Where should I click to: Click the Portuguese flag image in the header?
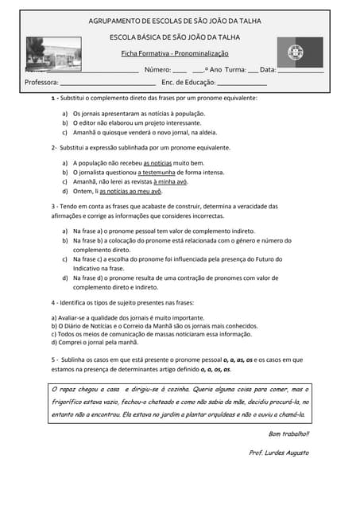pyautogui.click(x=300, y=52)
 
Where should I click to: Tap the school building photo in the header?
pyautogui.click(x=53, y=53)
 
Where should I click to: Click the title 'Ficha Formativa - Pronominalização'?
pyautogui.click(x=174, y=53)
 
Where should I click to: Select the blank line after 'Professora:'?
pyautogui.click(x=107, y=83)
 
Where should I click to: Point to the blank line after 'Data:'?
pyautogui.click(x=300, y=71)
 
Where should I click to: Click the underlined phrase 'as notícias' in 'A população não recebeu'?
pyautogui.click(x=157, y=162)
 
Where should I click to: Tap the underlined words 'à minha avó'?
pyautogui.click(x=170, y=181)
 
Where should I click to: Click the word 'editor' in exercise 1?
pyautogui.click(x=91, y=123)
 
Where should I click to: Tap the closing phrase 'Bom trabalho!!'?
pyautogui.click(x=288, y=433)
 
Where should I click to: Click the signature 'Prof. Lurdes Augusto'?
pyautogui.click(x=279, y=453)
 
